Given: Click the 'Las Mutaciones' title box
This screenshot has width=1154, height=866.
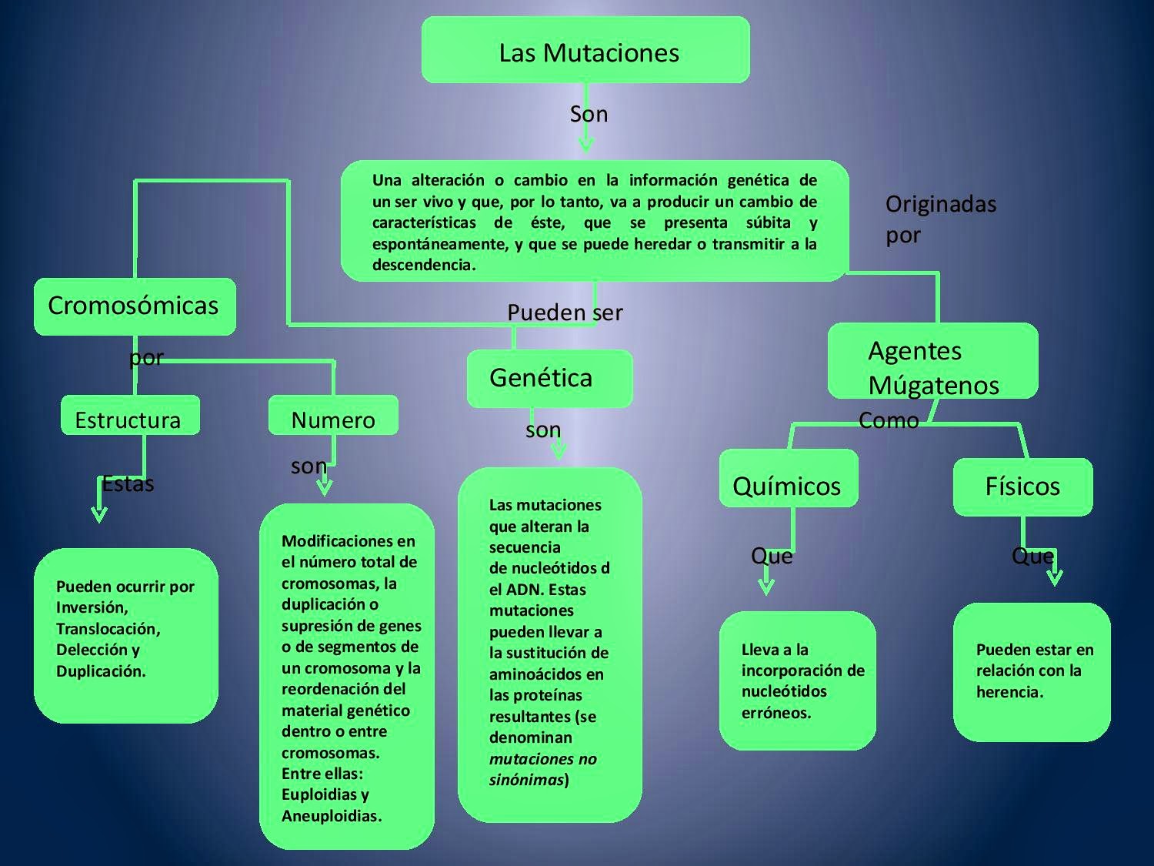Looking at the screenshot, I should pyautogui.click(x=585, y=50).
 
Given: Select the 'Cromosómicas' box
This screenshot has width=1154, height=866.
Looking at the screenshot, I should pyautogui.click(x=135, y=306).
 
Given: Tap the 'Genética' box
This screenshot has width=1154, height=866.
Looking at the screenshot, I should pyautogui.click(x=549, y=378).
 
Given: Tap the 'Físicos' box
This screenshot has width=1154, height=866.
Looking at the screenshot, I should pyautogui.click(x=1022, y=486).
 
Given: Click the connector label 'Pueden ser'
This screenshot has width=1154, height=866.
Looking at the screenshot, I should pyautogui.click(x=565, y=313).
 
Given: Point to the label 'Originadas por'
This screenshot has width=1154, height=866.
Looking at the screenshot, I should pyautogui.click(x=940, y=219).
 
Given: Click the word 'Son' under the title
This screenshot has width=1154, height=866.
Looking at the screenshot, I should pyautogui.click(x=589, y=114).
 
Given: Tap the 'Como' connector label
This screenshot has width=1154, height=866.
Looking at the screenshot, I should pyautogui.click(x=889, y=420).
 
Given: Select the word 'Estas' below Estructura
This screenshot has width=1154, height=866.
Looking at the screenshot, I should pyautogui.click(x=128, y=484).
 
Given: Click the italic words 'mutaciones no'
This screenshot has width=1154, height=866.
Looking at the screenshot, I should pyautogui.click(x=543, y=759).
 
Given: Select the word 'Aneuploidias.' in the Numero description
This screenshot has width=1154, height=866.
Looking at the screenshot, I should pyautogui.click(x=332, y=816).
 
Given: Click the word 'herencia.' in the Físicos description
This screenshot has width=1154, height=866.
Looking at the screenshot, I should pyautogui.click(x=1009, y=692).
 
